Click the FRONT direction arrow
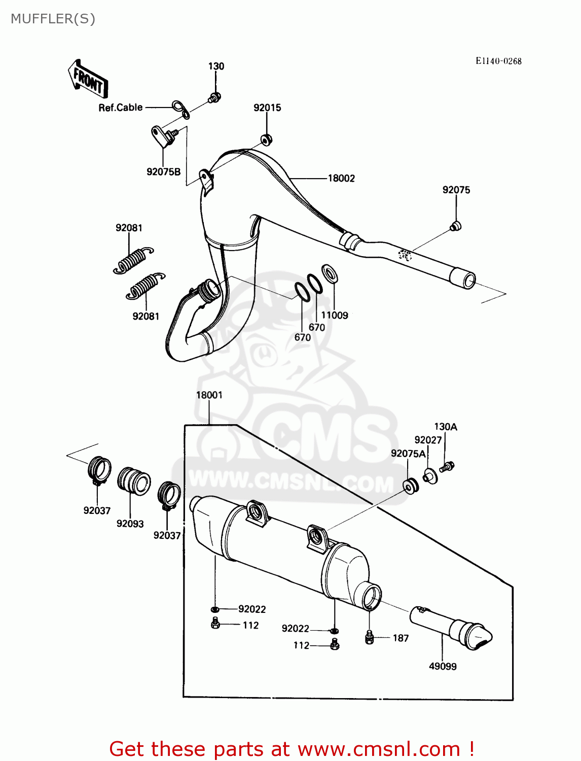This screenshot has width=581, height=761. pos(88,79)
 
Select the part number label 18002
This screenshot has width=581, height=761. pos(341,178)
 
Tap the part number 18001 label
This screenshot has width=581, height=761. pos(209,395)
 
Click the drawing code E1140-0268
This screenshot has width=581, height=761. pos(498,61)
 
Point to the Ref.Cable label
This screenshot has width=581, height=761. pos(121,108)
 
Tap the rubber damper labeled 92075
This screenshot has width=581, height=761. pos(455,226)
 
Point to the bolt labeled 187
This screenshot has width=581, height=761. pos(370,637)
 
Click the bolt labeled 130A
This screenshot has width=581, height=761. pos(447,466)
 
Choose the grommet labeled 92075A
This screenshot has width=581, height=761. pos(411,486)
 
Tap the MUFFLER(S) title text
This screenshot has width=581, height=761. pos(53,19)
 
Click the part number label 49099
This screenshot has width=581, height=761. pos(443,666)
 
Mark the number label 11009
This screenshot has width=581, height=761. pos(335,315)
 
